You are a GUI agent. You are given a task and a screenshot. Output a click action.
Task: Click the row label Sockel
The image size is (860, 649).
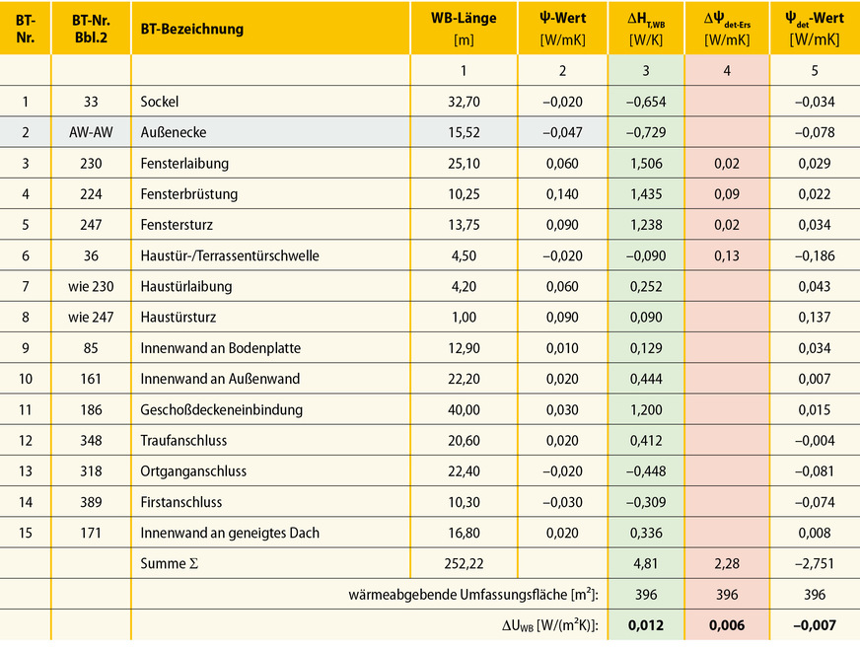click(160, 102)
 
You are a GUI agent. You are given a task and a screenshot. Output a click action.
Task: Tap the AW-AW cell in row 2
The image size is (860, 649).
click(91, 132)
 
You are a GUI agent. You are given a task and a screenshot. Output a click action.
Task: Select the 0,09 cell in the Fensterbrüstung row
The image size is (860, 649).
click(727, 193)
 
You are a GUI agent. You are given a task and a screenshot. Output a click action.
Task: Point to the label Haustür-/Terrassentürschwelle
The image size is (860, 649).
click(230, 255)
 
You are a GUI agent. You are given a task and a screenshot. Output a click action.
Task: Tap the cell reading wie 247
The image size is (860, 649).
click(91, 318)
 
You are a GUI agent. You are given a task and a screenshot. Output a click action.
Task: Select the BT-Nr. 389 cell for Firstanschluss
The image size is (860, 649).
click(91, 502)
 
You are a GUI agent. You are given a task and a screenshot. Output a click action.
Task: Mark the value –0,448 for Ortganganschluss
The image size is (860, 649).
click(645, 470)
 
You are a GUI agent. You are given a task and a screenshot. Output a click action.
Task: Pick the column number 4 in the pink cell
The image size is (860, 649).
click(727, 70)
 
